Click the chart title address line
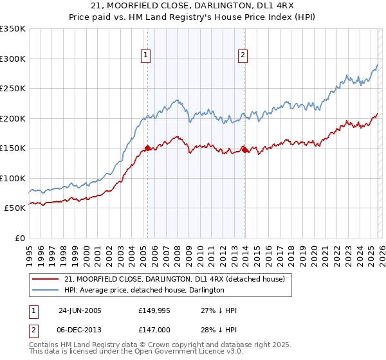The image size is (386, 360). [x=192, y=6]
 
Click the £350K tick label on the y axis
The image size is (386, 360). [x=13, y=29]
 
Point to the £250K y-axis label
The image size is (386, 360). [x=13, y=89]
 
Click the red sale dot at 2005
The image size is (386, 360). [x=147, y=148]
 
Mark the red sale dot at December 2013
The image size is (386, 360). [x=244, y=149]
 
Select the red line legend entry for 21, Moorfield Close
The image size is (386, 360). [x=160, y=279]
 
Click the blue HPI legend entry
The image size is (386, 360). [x=144, y=291]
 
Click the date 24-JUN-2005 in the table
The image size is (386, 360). [x=80, y=310]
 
